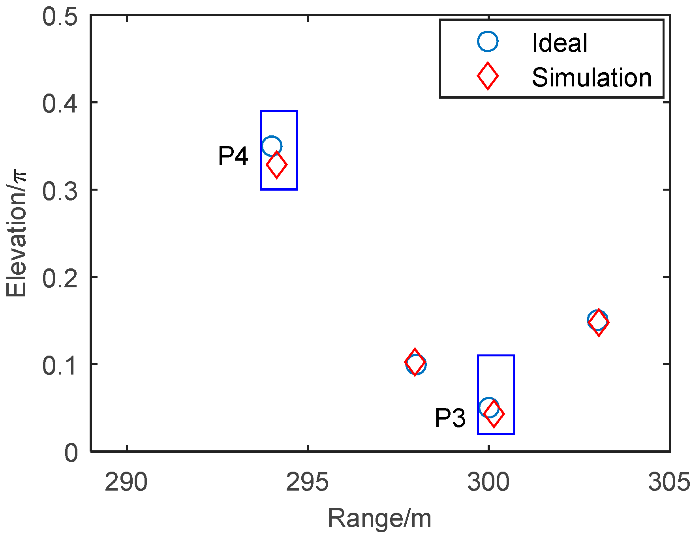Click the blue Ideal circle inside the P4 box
point(272,146)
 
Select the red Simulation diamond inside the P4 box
point(276,165)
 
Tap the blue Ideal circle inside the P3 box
point(488,407)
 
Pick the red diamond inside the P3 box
point(494,414)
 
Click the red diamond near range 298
point(415,362)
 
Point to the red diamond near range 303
point(599,322)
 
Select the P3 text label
point(450,418)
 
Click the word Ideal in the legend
point(560,43)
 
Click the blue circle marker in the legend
point(488,41)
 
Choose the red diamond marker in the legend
point(488,76)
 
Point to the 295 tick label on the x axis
point(307,482)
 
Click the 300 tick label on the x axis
point(488,482)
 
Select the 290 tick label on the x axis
point(126,482)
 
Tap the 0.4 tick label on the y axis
point(60,103)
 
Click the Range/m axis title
point(379,518)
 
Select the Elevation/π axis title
point(17,234)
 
